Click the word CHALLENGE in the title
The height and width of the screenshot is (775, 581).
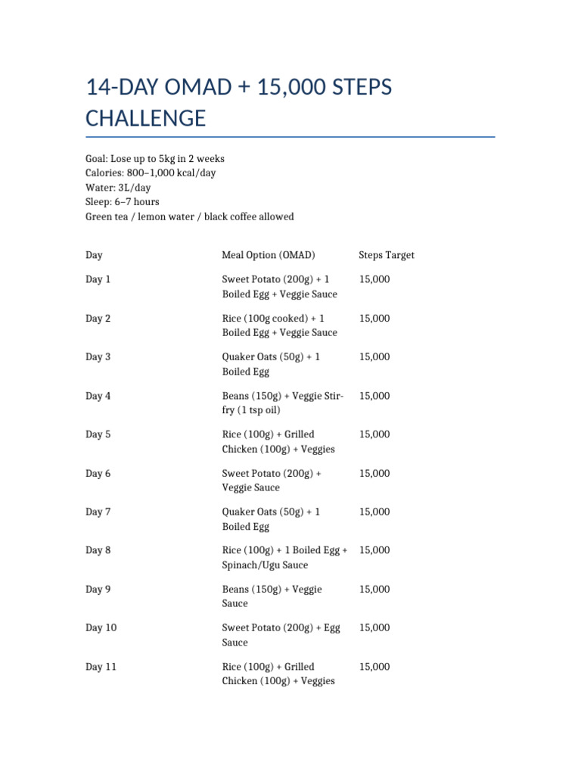pos(145,119)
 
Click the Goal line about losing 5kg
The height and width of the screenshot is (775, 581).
pos(155,159)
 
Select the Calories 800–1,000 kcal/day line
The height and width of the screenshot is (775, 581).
pos(151,173)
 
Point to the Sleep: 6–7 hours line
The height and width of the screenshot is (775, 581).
pos(123,202)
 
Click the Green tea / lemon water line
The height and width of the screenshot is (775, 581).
pos(189,216)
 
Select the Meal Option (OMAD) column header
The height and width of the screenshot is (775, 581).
pos(269,255)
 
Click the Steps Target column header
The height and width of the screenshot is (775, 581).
pos(387,255)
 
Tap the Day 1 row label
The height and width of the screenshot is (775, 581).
pos(98,279)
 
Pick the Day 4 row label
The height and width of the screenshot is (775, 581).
pos(98,396)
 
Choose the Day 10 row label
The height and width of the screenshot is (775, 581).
pos(101,627)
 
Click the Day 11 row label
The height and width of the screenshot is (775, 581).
pos(101,667)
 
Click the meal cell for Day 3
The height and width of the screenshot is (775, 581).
pos(271,364)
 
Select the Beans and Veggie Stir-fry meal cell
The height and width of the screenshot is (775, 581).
pos(282,403)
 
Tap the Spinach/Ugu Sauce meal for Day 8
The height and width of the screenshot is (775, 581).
pos(284,558)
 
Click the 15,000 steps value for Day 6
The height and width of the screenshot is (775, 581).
pos(374,473)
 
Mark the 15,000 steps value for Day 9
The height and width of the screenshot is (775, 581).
pos(374,589)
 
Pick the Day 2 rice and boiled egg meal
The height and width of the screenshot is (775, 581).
pos(279,325)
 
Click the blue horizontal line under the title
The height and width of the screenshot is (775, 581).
pos(290,137)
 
